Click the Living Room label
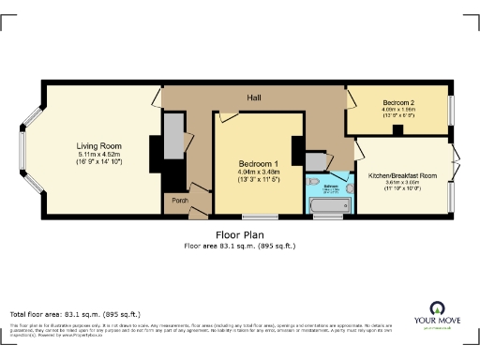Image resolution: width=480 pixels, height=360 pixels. (100, 145)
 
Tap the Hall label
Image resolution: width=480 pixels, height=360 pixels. (253, 97)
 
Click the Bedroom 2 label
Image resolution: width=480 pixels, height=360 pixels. (398, 101)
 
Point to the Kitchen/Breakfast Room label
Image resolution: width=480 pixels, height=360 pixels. (404, 175)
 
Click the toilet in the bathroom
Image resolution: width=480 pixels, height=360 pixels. (314, 184)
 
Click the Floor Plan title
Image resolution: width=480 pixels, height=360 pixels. (239, 234)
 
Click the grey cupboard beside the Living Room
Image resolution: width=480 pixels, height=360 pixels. (174, 136)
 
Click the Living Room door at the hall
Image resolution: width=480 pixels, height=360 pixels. (158, 97)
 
